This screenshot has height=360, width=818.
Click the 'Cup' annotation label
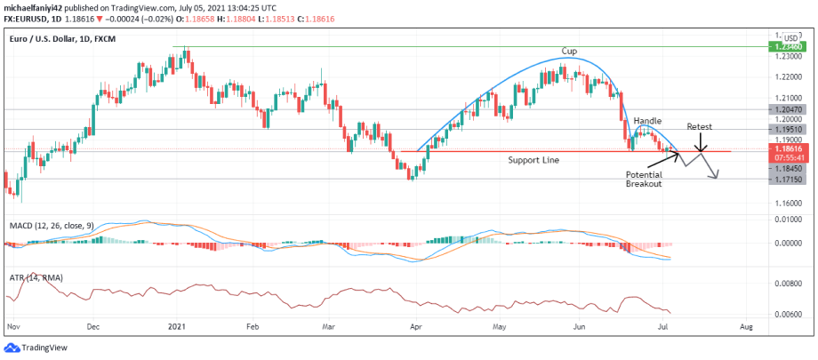(568, 52)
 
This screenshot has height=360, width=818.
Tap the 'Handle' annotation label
(646, 120)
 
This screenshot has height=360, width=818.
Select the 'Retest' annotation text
(699, 127)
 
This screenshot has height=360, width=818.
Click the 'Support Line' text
(535, 161)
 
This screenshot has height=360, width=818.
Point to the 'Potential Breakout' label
(643, 179)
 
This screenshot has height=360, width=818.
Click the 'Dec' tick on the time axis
(92, 327)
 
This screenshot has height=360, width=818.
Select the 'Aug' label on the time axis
(746, 327)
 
